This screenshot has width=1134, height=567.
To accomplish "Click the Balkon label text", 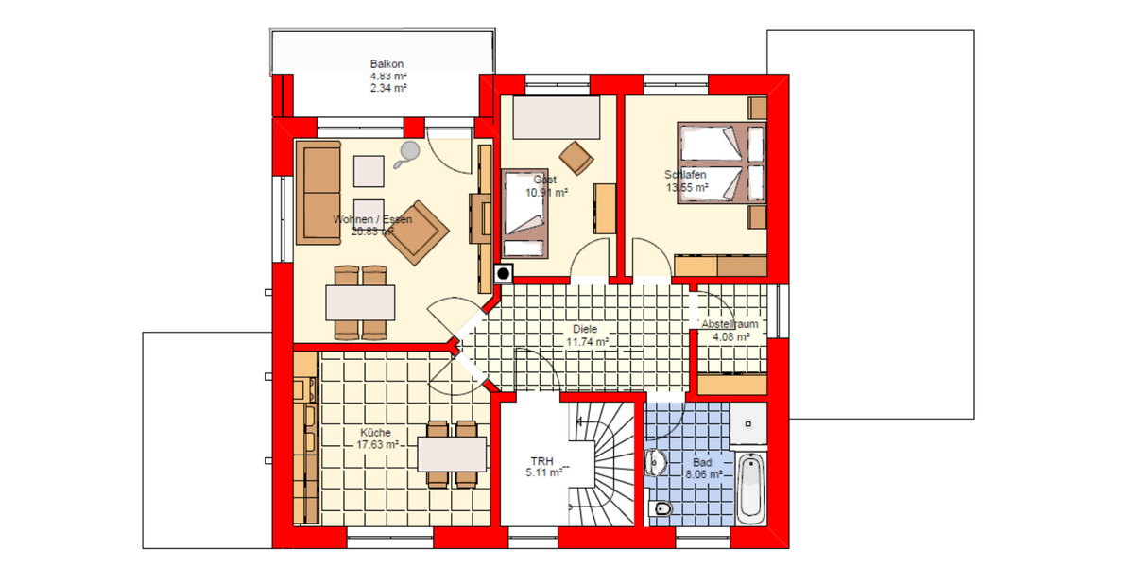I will [x=387, y=64].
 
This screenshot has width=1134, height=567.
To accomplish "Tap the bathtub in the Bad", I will [x=750, y=488].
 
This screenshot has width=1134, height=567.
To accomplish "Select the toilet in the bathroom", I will [x=662, y=510].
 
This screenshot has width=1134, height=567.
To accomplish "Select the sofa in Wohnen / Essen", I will [x=318, y=191].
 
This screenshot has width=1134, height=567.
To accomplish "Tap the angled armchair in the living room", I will [x=416, y=232].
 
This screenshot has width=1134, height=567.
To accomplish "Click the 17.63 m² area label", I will [x=377, y=444].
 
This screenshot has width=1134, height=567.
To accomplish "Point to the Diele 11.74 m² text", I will [x=586, y=335].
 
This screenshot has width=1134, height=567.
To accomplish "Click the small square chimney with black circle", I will [x=504, y=274].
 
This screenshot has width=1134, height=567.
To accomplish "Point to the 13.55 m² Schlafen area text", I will [x=686, y=187].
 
